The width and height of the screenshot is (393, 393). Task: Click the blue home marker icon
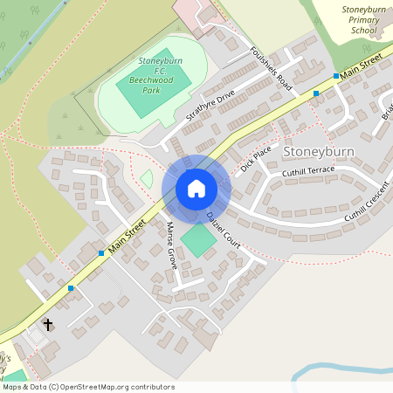tap(196, 189)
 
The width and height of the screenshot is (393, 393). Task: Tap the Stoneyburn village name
tap(319, 151)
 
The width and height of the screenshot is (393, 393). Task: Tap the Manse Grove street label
tap(171, 245)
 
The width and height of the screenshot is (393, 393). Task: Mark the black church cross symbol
tap(47, 324)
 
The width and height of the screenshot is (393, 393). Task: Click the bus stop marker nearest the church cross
tap(71, 287)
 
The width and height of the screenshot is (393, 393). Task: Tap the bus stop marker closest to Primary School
tap(336, 76)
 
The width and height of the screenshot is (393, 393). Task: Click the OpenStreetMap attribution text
tap(88, 387)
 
